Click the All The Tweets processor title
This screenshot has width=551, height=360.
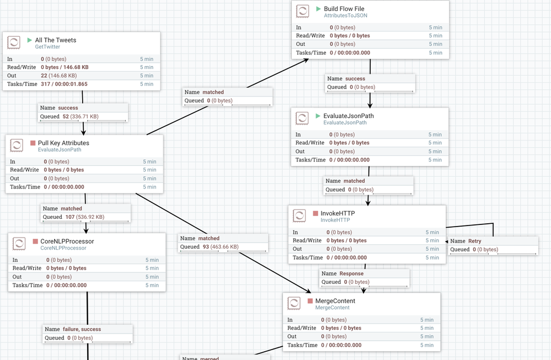tap(55, 40)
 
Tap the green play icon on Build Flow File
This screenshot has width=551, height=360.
tap(318, 9)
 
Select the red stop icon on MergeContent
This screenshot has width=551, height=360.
tap(309, 301)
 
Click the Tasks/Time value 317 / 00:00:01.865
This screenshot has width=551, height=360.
tap(64, 84)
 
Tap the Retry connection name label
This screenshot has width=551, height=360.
tap(474, 241)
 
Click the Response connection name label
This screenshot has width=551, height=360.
tap(351, 273)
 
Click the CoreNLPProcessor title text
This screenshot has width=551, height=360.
tap(67, 241)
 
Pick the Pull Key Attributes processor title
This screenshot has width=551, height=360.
tap(63, 143)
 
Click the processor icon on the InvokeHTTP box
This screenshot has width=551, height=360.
tap(299, 216)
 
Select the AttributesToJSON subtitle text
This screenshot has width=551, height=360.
tap(345, 15)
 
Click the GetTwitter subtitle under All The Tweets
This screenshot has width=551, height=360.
tap(47, 47)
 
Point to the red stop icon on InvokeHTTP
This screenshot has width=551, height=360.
tap(315, 213)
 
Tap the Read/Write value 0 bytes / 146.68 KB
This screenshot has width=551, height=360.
tap(65, 67)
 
